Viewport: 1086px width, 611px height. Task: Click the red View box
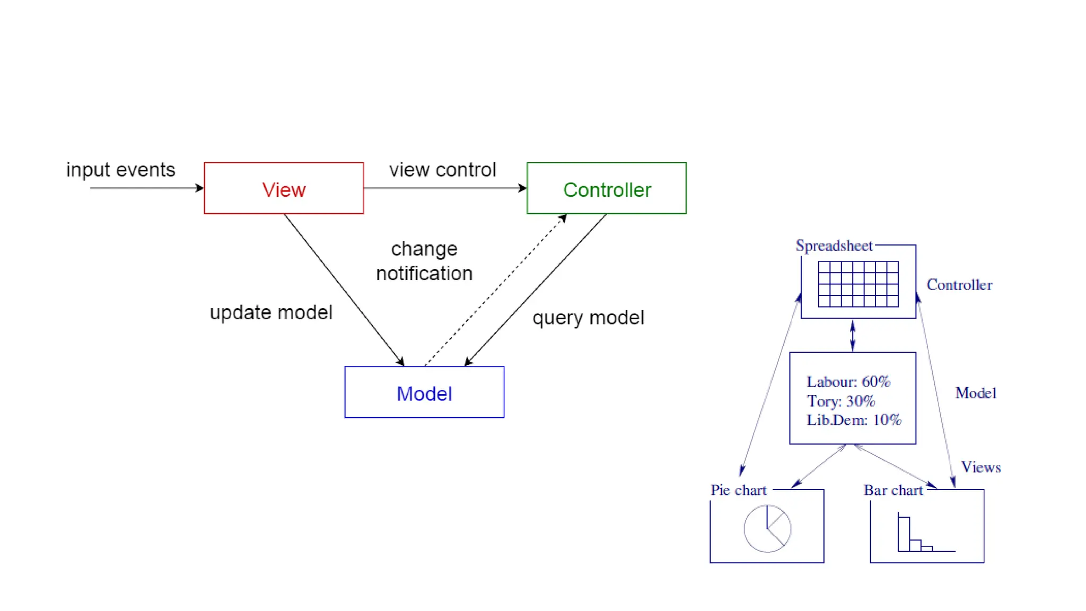(284, 188)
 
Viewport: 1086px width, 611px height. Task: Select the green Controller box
(607, 188)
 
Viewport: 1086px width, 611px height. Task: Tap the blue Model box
(424, 392)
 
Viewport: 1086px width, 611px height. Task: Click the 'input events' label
(121, 170)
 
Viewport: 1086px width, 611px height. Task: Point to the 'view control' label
(443, 170)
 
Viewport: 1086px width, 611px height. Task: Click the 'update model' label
(271, 312)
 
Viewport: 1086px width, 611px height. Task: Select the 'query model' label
(588, 318)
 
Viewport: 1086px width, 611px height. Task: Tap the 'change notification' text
(424, 261)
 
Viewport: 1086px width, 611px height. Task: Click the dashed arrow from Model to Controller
(496, 290)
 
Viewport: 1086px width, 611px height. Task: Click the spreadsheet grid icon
(858, 284)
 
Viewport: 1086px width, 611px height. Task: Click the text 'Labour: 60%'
(848, 382)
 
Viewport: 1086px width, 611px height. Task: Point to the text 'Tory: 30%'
(840, 401)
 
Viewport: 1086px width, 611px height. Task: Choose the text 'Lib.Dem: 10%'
(854, 420)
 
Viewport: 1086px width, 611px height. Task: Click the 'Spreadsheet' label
(834, 246)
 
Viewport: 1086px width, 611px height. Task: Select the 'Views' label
(981, 467)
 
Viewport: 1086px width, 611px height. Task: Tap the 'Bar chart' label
(894, 490)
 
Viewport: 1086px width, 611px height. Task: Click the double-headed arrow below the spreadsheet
(853, 335)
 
